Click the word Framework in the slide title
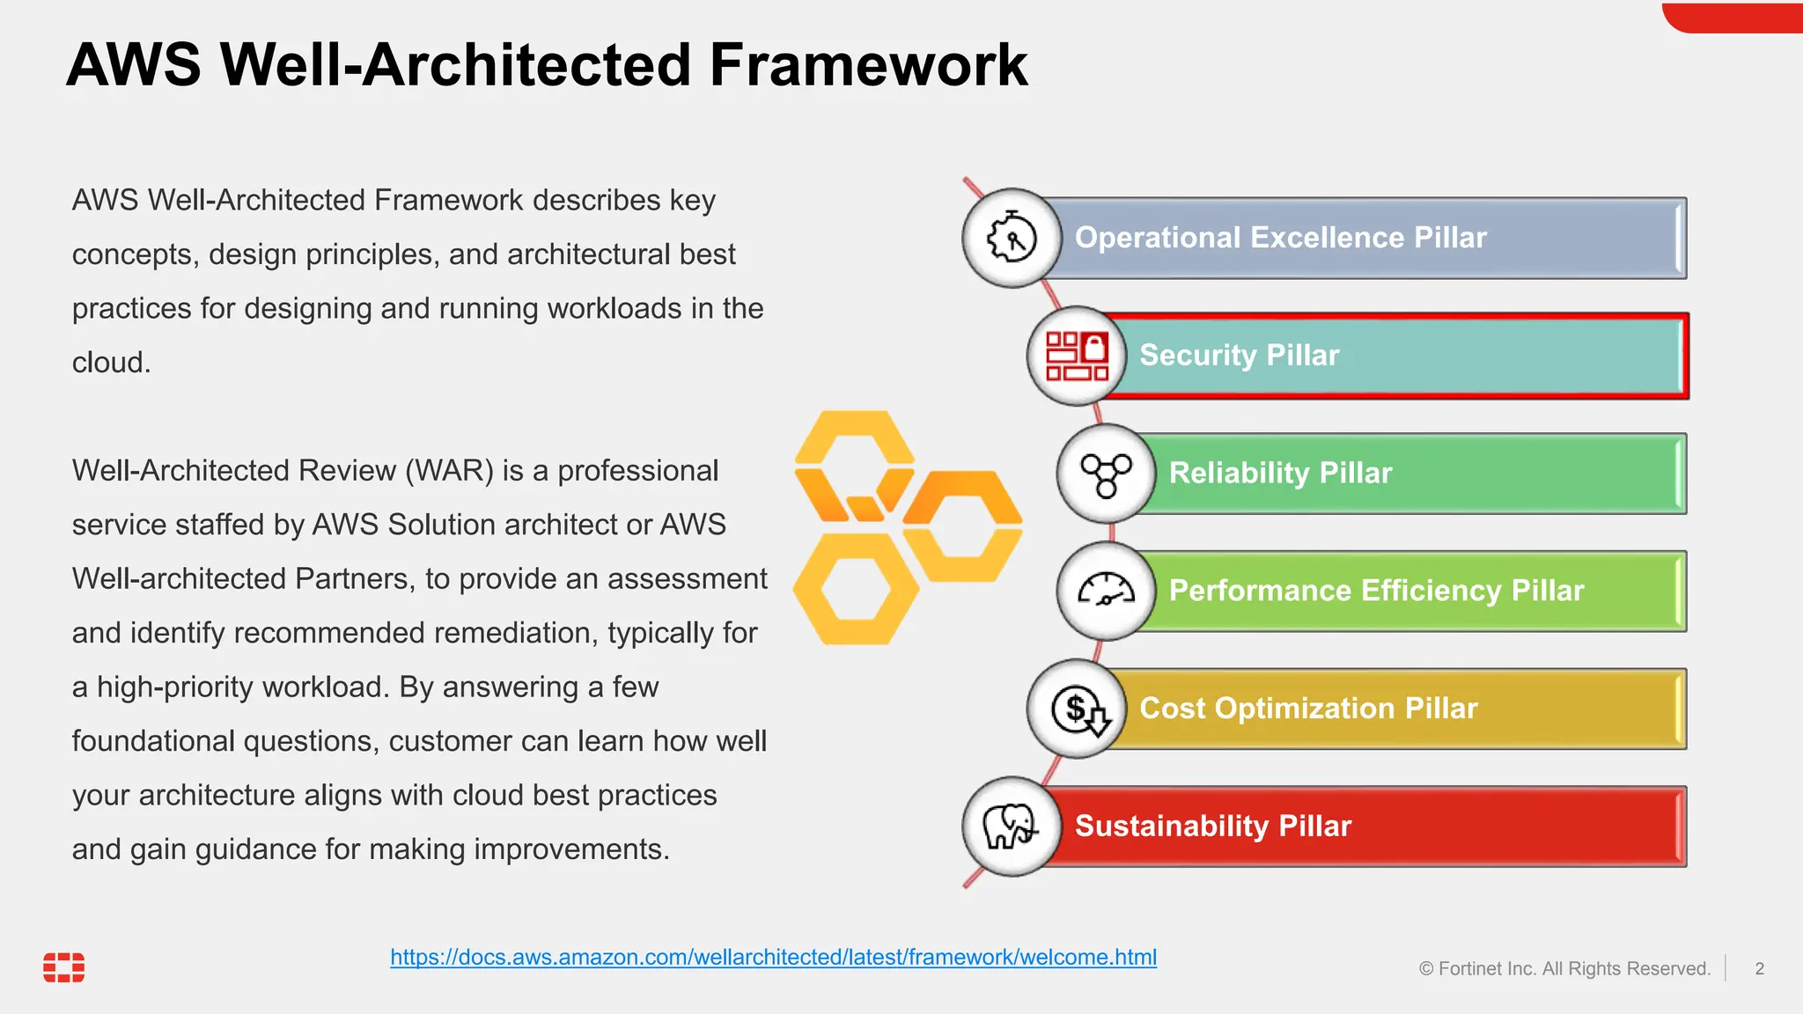(x=868, y=65)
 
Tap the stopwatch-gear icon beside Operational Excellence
(x=1012, y=238)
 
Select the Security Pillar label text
(x=1239, y=356)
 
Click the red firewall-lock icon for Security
(x=1076, y=356)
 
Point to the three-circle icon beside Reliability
(x=1106, y=474)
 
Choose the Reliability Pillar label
(x=1280, y=474)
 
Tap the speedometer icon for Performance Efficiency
(x=1106, y=591)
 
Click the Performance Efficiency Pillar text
(x=1376, y=591)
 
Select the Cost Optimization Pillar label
(x=1308, y=709)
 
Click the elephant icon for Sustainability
(x=1011, y=827)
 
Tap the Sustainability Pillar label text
(x=1212, y=827)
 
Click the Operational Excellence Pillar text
(x=1280, y=238)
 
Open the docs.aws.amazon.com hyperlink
(x=773, y=957)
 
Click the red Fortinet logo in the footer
(x=64, y=966)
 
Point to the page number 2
(x=1759, y=969)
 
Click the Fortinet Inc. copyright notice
(x=1564, y=969)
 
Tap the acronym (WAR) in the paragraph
(x=449, y=471)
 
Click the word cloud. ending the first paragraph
(x=111, y=363)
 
